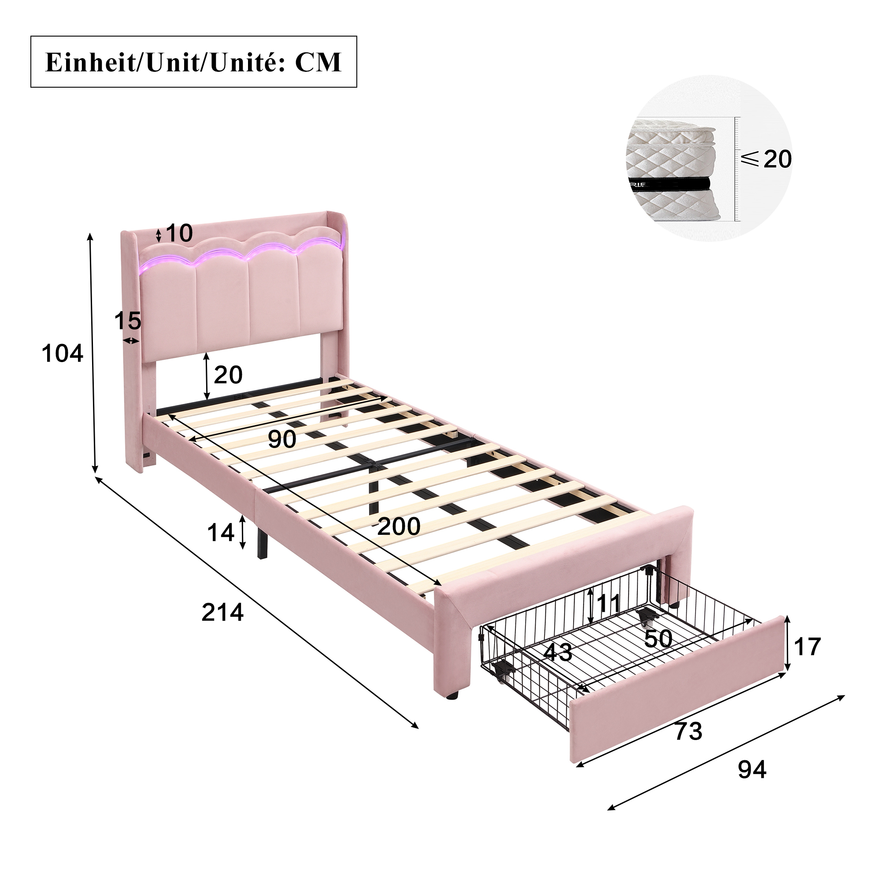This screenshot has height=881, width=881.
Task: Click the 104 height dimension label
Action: point(63,353)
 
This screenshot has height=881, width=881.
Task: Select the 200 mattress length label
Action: point(399,526)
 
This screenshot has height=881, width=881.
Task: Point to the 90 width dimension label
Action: point(282,439)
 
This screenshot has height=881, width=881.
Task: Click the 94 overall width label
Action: point(752,769)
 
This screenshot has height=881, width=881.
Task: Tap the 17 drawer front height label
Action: point(807,647)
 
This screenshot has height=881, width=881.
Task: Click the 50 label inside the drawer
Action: point(659,638)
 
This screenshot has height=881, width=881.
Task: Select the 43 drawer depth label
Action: point(558,652)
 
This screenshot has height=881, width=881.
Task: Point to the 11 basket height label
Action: point(609,603)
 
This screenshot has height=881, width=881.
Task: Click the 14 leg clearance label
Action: point(221,532)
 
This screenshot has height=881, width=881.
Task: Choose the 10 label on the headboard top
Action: point(179,233)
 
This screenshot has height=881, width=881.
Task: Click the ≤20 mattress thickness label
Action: point(766,159)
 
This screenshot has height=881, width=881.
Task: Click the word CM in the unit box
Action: point(318,63)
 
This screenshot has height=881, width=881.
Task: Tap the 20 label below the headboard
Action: point(228,375)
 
